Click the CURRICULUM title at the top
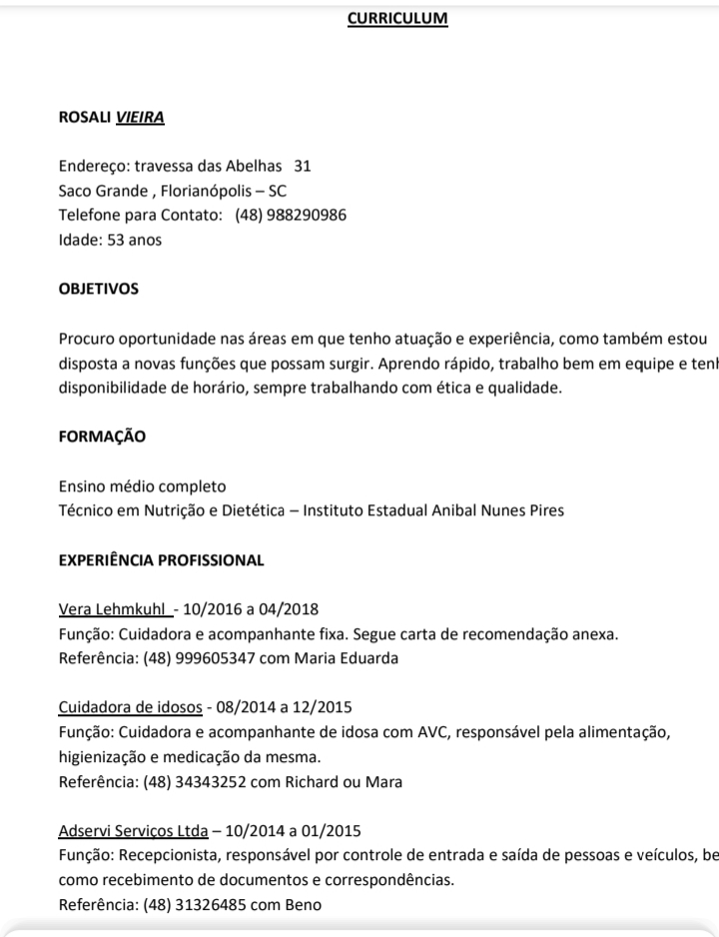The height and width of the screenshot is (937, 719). tap(397, 18)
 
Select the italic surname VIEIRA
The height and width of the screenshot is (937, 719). tap(140, 118)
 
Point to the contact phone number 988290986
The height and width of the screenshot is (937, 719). tap(306, 215)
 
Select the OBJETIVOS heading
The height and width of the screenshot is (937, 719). tap(99, 289)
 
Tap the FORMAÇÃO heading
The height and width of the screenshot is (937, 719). tap(102, 437)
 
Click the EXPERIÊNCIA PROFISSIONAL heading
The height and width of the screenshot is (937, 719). tap(162, 560)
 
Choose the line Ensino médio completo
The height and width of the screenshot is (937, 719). tap(143, 486)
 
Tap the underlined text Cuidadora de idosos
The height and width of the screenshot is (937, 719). tap(131, 708)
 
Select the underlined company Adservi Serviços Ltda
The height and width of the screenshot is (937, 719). tap(133, 831)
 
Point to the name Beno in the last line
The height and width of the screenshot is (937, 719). tap(305, 905)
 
